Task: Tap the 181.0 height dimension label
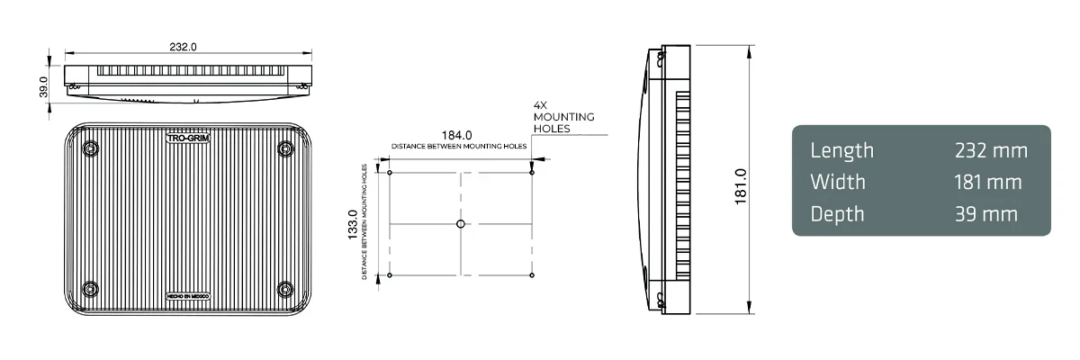[740, 184]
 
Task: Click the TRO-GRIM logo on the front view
[189, 138]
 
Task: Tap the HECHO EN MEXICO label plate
[188, 295]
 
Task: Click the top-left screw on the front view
[89, 148]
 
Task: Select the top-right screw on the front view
[285, 148]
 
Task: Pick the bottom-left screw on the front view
[89, 289]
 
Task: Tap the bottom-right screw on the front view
[285, 289]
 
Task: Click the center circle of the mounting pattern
[461, 223]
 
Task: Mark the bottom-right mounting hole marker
[532, 274]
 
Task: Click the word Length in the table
[841, 150]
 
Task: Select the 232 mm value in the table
[991, 150]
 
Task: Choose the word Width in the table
[838, 182]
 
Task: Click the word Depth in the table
[837, 214]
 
